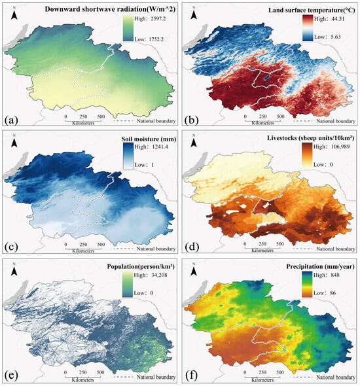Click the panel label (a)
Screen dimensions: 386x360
12,120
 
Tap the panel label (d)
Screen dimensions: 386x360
195,247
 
